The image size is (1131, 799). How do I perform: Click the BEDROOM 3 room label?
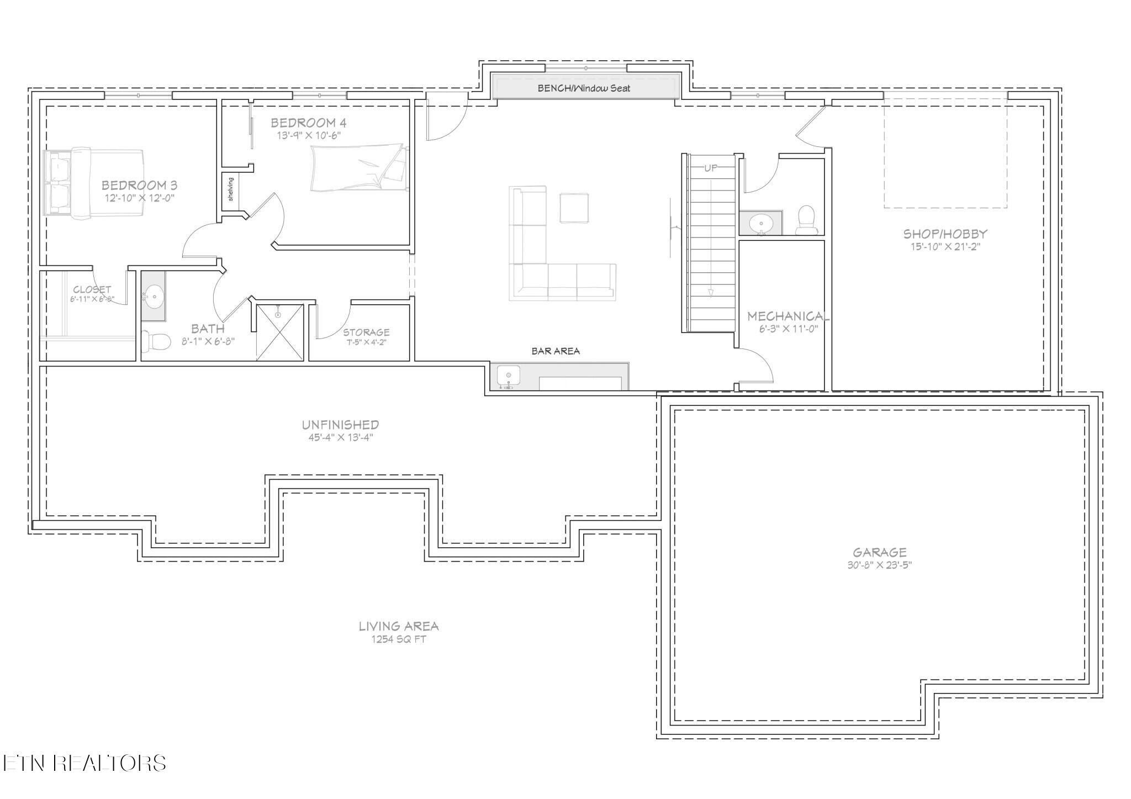[x=139, y=186]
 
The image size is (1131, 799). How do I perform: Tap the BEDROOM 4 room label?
[x=309, y=123]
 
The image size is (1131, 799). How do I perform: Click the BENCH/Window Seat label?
[x=584, y=88]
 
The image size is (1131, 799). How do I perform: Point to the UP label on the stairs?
[x=711, y=168]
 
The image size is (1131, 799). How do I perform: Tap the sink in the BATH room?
[x=154, y=297]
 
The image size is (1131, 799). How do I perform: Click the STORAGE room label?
[x=366, y=332]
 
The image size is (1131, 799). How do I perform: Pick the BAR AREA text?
[x=556, y=351]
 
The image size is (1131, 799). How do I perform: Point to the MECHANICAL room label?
[x=788, y=316]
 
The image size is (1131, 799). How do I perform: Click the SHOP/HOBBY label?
[x=945, y=234]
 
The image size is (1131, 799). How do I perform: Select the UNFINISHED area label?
[x=340, y=425]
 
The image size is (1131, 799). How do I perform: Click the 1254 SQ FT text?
[x=399, y=639]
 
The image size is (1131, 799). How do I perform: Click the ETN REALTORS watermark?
[x=84, y=763]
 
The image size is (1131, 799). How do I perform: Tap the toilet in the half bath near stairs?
[x=806, y=220]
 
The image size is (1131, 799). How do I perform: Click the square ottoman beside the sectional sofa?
[x=574, y=208]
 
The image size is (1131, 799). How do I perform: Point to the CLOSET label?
[x=92, y=289]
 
